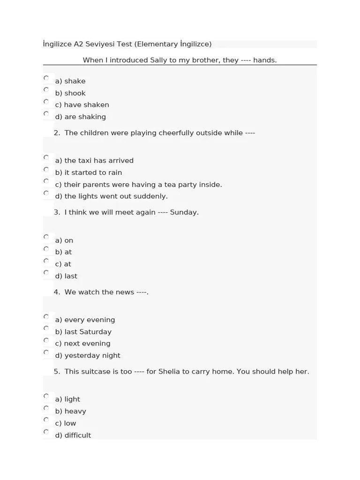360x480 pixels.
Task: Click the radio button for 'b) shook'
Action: coord(46,90)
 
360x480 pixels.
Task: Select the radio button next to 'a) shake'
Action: coord(46,78)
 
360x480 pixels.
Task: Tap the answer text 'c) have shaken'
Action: coord(82,105)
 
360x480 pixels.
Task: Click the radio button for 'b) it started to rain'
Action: coord(46,169)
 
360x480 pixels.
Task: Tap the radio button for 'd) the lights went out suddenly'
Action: coord(46,193)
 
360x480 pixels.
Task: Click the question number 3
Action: coord(56,212)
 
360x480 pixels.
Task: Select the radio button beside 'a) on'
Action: coord(46,237)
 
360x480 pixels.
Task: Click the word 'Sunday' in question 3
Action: coord(183,212)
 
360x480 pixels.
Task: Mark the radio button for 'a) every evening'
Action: coord(46,316)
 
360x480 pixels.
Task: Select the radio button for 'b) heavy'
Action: coord(46,408)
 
